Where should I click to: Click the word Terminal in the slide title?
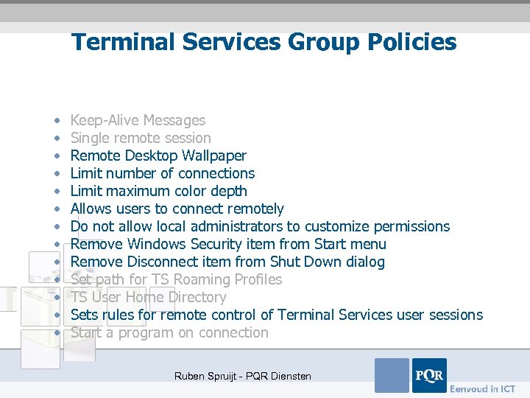(x=121, y=42)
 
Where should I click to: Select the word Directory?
(x=197, y=297)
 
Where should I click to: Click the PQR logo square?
(x=429, y=375)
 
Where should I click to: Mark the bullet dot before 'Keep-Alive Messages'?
(x=57, y=121)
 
